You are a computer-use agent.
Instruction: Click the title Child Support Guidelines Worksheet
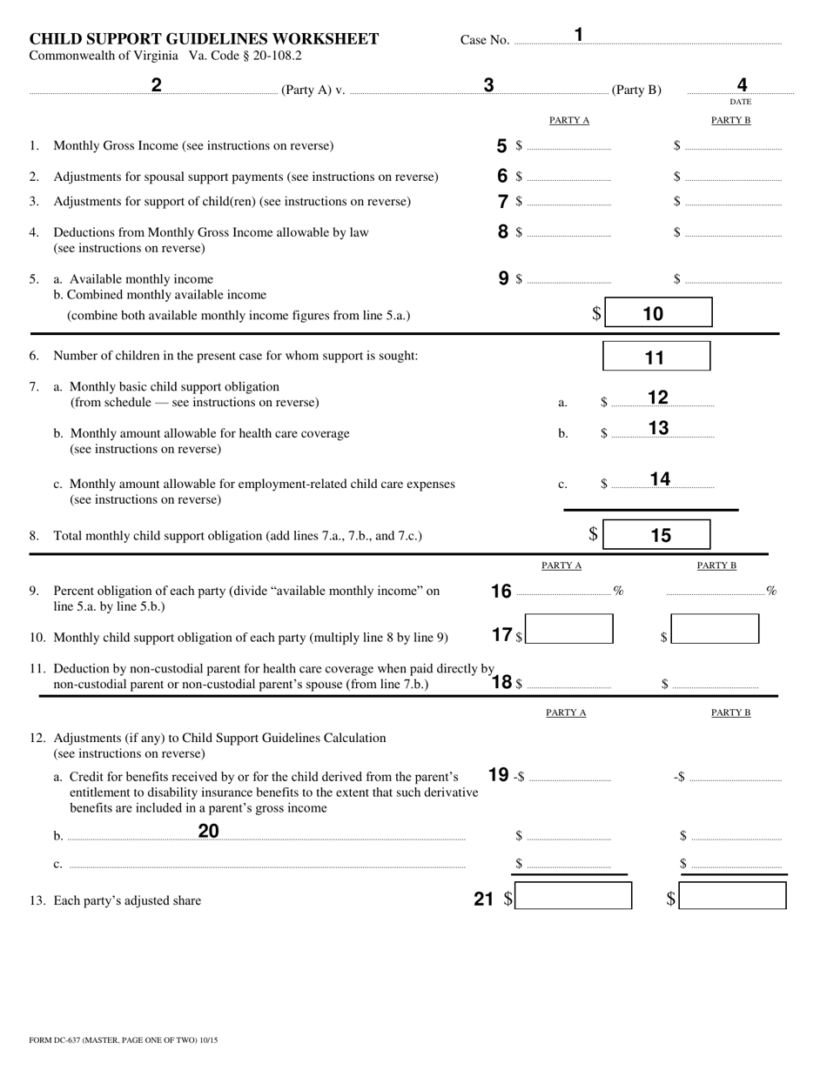tap(204, 39)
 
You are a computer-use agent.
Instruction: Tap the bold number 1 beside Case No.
tap(579, 35)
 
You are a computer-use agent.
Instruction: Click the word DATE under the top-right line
tap(741, 102)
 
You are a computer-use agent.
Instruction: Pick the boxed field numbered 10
tap(658, 313)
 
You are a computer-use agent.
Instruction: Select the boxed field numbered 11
tap(656, 357)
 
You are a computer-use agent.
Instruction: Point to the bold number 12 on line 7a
tap(658, 398)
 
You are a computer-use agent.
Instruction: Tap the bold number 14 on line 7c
tap(660, 478)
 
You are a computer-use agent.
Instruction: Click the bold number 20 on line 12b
tap(209, 831)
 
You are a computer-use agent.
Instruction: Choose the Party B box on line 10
tap(715, 629)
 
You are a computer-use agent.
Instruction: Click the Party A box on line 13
tap(573, 896)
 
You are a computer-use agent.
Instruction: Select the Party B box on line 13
tap(732, 896)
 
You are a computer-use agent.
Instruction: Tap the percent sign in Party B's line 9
tap(771, 592)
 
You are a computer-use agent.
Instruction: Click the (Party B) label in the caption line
tap(636, 90)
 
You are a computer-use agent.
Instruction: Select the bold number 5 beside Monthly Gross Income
tap(502, 145)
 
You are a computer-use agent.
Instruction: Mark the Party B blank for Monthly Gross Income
tap(733, 146)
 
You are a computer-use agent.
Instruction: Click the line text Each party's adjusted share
tap(127, 900)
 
